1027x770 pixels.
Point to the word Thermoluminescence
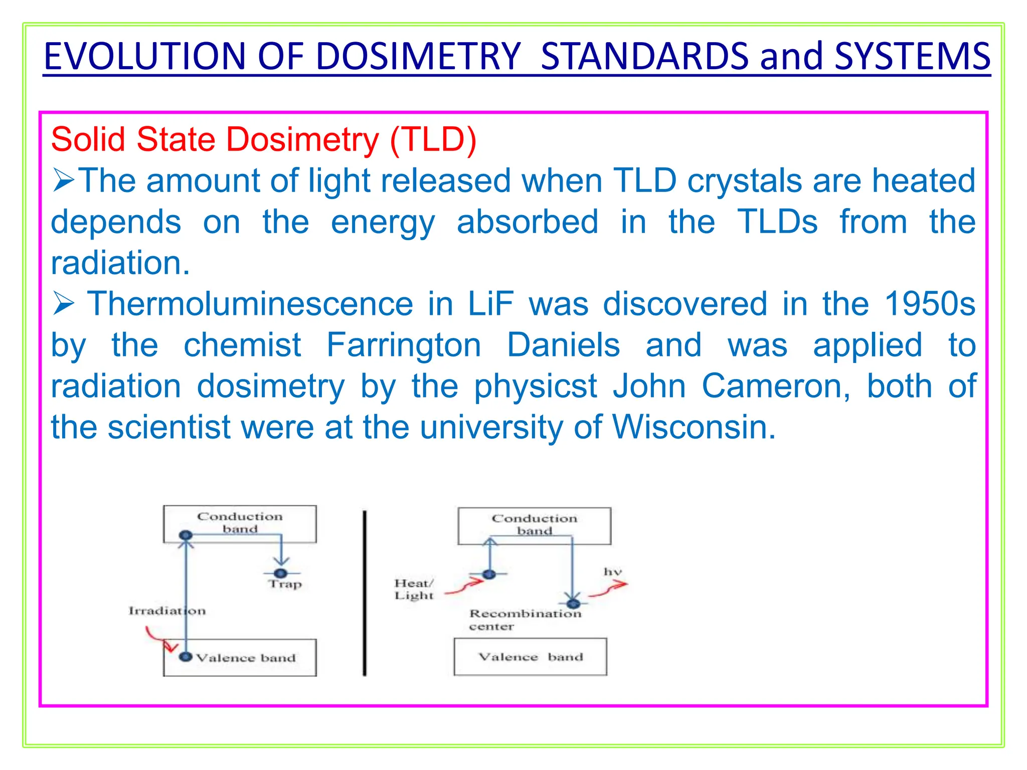click(x=250, y=304)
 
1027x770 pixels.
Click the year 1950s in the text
click(x=929, y=304)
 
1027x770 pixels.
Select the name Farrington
click(x=404, y=345)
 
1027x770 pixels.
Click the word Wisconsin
click(x=694, y=428)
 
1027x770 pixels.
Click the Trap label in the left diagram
click(x=285, y=584)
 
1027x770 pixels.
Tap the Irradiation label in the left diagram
click(x=166, y=611)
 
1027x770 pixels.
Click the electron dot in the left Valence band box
click(x=186, y=657)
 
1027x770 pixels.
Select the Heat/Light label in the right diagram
click(x=413, y=590)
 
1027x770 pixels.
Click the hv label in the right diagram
click(x=612, y=572)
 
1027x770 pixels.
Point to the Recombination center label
click(x=525, y=620)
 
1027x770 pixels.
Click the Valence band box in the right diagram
click(x=530, y=657)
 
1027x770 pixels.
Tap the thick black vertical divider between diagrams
click(x=365, y=594)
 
